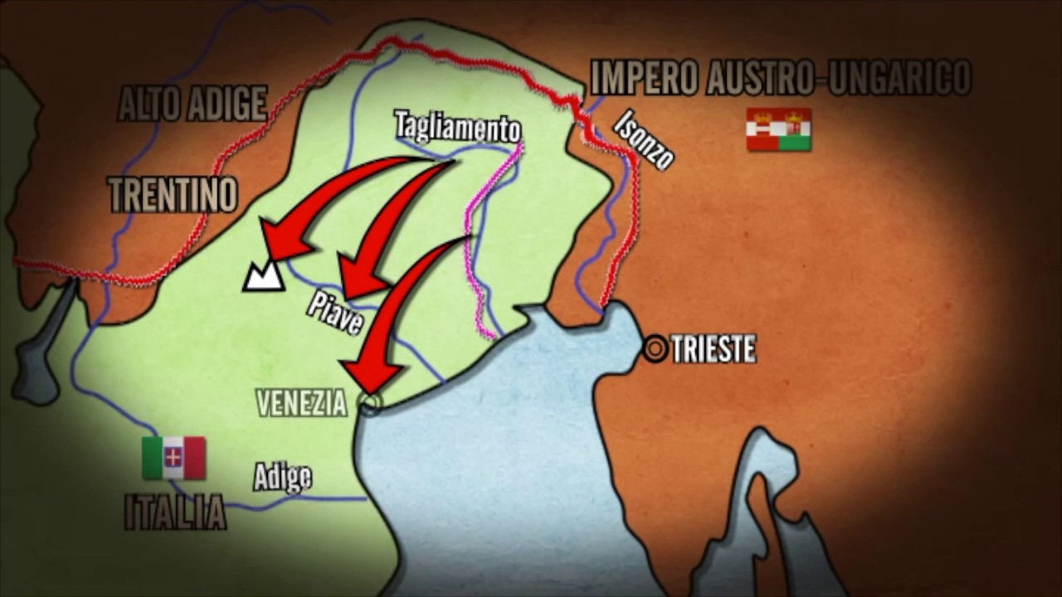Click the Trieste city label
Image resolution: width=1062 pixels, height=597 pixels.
pyautogui.click(x=714, y=349)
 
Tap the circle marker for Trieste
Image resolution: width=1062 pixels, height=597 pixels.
pyautogui.click(x=655, y=349)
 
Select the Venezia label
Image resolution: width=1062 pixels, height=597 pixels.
pyautogui.click(x=301, y=404)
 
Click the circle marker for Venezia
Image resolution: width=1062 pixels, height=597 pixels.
pyautogui.click(x=369, y=403)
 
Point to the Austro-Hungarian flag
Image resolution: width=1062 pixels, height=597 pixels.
pyautogui.click(x=778, y=129)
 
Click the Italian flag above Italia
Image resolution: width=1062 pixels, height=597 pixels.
pyautogui.click(x=173, y=458)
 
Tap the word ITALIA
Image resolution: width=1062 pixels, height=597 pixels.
pyautogui.click(x=175, y=512)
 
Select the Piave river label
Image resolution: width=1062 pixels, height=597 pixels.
pyautogui.click(x=334, y=313)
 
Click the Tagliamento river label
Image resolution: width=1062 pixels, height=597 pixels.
pyautogui.click(x=457, y=126)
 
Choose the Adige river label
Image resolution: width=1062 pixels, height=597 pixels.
pyautogui.click(x=283, y=477)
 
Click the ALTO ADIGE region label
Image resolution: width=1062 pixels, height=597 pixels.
pyautogui.click(x=192, y=104)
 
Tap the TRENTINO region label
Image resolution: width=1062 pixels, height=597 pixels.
pyautogui.click(x=173, y=195)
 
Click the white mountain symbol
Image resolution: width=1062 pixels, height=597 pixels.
pyautogui.click(x=264, y=276)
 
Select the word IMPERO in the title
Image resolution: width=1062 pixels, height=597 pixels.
pyautogui.click(x=644, y=78)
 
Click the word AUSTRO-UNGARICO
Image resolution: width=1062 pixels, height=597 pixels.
pyautogui.click(x=839, y=78)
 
